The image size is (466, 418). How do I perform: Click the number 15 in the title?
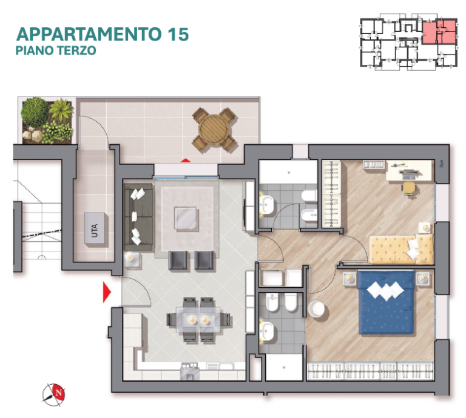pos(178,34)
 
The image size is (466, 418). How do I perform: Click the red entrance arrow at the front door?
pos(107,292)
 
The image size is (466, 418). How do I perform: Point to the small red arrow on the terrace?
pos(186,161)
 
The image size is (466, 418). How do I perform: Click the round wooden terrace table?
pos(214,130)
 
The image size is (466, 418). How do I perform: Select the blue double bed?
pos(386,302)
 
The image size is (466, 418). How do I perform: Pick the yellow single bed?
pos(401,249)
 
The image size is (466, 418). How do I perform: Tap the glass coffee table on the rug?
pos(186,219)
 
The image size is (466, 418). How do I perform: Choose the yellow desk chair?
pos(410,188)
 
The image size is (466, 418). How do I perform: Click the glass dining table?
pos(198,320)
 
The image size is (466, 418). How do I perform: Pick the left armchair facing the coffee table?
pos(178,260)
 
